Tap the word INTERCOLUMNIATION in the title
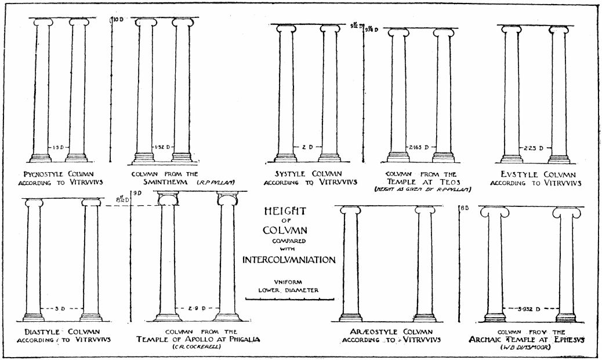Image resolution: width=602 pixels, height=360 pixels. point(289,259)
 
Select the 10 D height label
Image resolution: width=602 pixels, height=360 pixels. point(119,20)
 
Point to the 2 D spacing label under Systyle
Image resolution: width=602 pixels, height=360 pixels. point(307,147)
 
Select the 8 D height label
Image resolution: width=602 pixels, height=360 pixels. point(464,210)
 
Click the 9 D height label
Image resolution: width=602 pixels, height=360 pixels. point(137,193)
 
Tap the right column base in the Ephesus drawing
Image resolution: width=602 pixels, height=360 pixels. point(565,317)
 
